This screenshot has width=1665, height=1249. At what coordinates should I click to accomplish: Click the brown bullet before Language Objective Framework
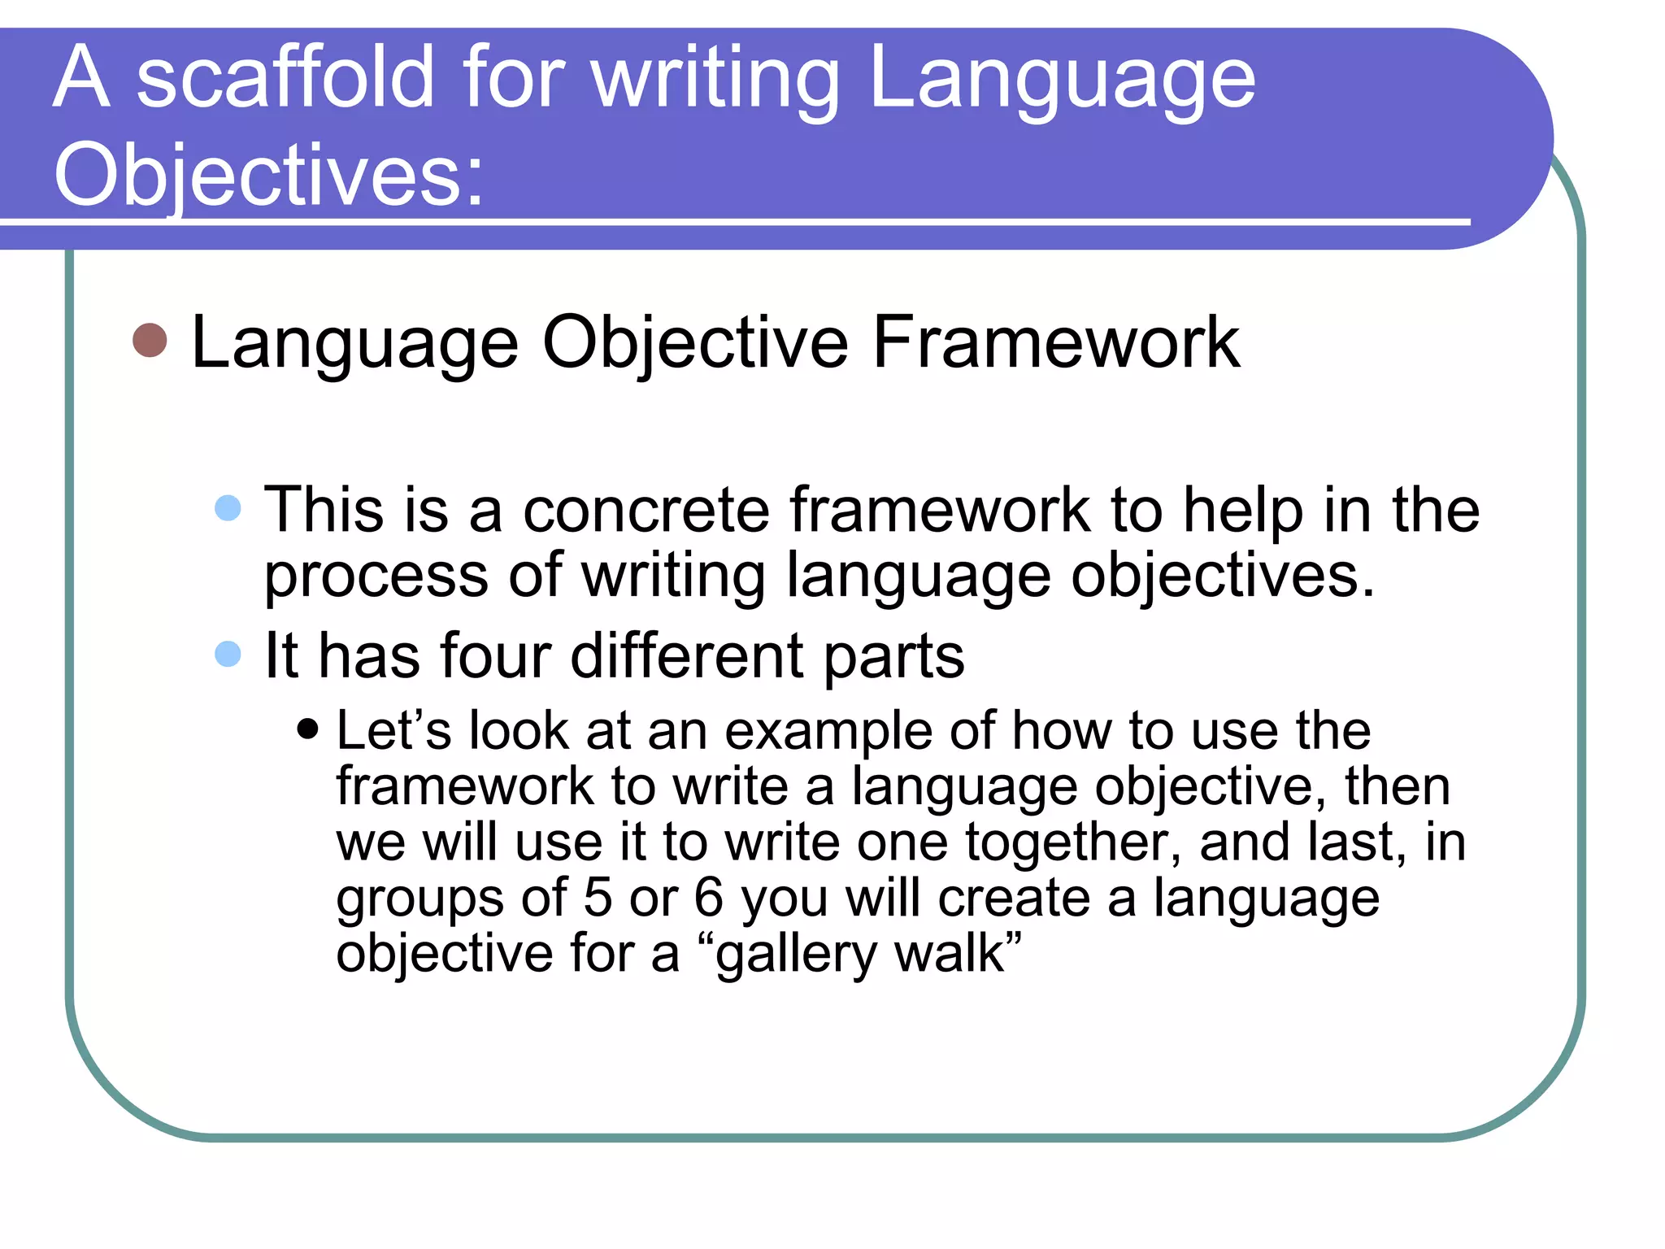click(x=150, y=340)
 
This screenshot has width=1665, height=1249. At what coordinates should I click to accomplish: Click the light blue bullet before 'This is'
click(x=228, y=508)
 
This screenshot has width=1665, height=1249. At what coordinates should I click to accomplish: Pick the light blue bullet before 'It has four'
click(x=228, y=654)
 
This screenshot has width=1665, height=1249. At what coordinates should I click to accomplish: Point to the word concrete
click(x=646, y=511)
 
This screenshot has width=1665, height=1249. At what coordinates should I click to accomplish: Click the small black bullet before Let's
click(x=307, y=728)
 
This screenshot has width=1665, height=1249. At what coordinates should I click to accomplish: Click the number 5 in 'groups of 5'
click(x=597, y=898)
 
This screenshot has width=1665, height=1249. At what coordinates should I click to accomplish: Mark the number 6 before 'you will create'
click(x=707, y=898)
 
